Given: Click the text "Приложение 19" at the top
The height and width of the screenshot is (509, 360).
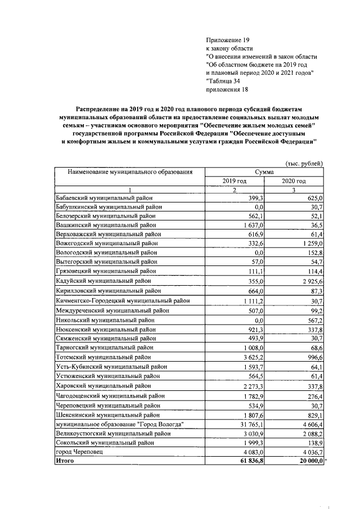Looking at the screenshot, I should coord(227,40).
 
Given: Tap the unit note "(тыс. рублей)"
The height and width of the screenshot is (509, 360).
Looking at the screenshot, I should coord(304,164).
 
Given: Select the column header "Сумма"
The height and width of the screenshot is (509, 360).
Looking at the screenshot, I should coord(264,172).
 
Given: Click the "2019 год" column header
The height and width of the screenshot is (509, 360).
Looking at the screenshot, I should coord(234,181).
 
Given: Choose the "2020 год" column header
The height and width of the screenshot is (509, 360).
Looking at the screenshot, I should coord(294,181).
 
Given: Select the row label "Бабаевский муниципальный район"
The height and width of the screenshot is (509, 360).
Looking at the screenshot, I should coord(104,199).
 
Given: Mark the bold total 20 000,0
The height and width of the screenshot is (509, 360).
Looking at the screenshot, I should coord(308,461).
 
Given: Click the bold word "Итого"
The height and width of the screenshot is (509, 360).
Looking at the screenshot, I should coord(65,461).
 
